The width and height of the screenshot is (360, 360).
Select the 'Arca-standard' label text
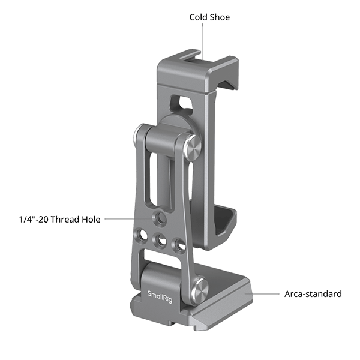click(x=313, y=294)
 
